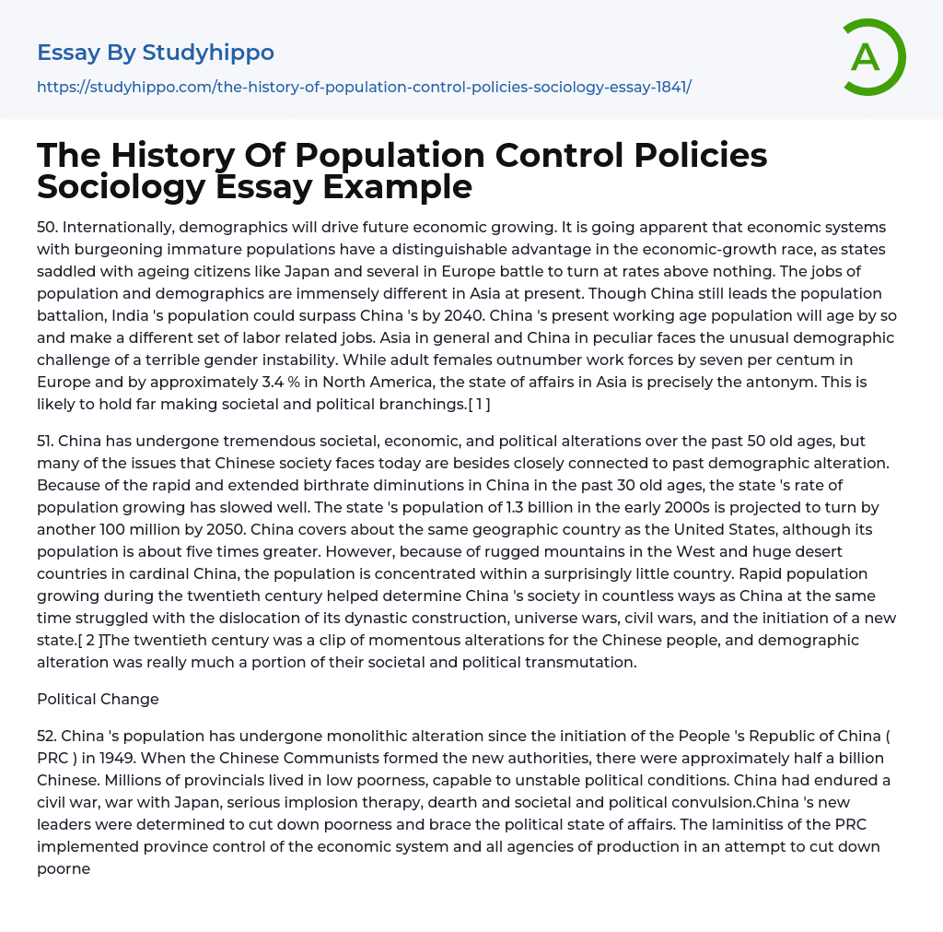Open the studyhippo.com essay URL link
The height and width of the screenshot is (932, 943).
tap(364, 87)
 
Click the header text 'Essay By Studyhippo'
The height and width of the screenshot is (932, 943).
tap(156, 53)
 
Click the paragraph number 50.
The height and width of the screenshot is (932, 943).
tap(46, 227)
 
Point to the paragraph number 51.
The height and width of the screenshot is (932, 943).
tap(45, 441)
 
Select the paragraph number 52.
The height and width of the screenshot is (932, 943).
tap(46, 736)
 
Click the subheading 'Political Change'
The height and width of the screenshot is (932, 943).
tap(98, 699)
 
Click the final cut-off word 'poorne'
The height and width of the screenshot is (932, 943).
tap(64, 868)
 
